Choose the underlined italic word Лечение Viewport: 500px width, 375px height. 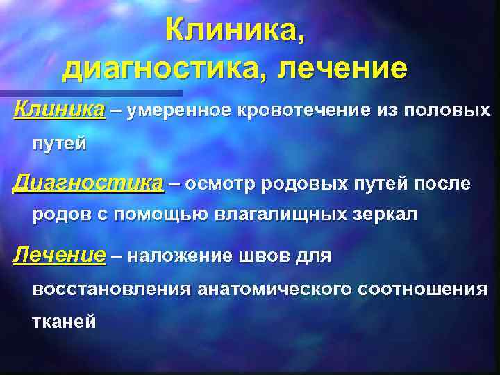(x=60, y=256)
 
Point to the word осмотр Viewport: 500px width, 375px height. (x=225, y=184)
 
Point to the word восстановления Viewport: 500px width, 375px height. (x=112, y=290)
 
